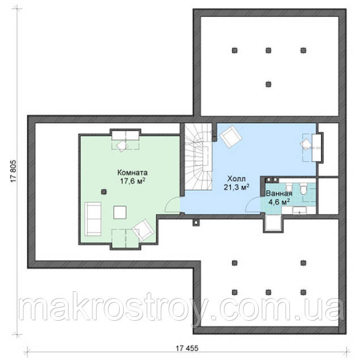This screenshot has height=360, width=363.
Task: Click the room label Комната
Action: click(132, 173)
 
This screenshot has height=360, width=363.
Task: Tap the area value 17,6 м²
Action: click(133, 181)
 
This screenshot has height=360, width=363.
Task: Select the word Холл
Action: click(237, 179)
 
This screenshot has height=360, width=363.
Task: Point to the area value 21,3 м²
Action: click(237, 187)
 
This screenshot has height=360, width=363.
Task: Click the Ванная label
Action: click(279, 193)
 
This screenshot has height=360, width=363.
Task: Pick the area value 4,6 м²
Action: click(279, 202)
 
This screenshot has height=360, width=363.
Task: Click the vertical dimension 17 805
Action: click(14, 171)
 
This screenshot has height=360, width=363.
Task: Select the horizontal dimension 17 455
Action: click(187, 348)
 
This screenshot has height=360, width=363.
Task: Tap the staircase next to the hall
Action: click(199, 157)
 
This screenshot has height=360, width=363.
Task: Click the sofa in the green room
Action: click(93, 219)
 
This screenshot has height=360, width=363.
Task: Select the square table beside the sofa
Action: click(120, 212)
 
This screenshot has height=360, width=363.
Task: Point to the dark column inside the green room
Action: click(104, 192)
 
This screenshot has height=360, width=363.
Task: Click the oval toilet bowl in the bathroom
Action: click(303, 189)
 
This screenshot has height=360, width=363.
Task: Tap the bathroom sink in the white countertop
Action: click(299, 210)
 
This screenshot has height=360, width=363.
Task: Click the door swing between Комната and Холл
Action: click(172, 204)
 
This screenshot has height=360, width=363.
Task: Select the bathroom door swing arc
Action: click(253, 204)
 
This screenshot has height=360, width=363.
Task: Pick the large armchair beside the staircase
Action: click(231, 137)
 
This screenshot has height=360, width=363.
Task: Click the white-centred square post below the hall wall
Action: click(196, 223)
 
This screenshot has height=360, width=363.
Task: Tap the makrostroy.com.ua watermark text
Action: click(181, 308)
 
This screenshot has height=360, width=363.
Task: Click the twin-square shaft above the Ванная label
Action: click(272, 179)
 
